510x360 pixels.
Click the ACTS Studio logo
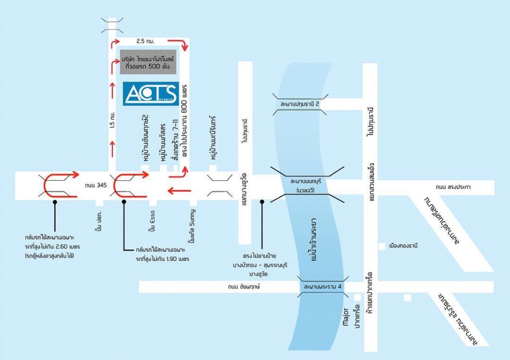coord(151,94)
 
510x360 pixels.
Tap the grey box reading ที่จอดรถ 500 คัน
coord(148,62)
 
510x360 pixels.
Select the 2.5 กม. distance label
coord(145,41)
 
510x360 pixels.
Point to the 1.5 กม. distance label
coord(112,120)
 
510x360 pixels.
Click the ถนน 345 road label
coord(96,185)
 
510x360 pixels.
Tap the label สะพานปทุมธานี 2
coord(299,105)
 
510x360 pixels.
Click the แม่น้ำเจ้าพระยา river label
coord(313,240)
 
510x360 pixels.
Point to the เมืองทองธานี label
coord(403,245)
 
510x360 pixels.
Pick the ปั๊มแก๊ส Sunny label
coord(192,227)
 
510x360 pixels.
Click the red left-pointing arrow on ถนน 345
coord(179,191)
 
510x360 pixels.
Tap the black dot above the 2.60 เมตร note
coord(55,202)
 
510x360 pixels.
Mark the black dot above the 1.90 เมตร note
coord(124,202)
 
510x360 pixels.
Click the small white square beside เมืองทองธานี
coord(382,246)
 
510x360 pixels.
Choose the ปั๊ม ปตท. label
coord(99,221)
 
